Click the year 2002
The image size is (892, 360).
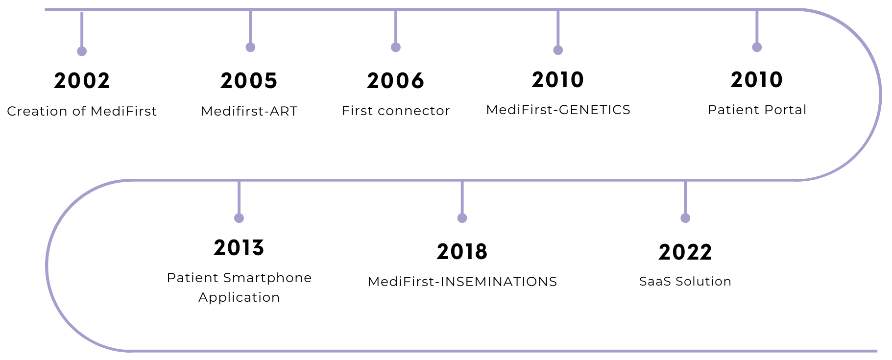pos(82,81)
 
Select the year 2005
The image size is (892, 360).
pos(249,81)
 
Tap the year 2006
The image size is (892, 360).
pos(395,81)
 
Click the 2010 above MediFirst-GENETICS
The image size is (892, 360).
pos(558,80)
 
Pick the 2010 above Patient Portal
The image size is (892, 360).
pos(757,80)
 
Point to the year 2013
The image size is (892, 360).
pos(239,248)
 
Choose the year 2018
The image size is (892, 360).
pos(462,252)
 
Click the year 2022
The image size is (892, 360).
pos(685,252)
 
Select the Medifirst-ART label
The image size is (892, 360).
pos(249,111)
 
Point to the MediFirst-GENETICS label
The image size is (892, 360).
pos(558,110)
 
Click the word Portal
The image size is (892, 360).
pos(785,110)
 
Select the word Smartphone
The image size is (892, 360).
pos(267,278)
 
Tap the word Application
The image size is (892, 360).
pos(239,298)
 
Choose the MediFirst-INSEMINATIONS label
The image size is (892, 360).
pos(462,282)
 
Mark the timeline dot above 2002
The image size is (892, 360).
pos(82,51)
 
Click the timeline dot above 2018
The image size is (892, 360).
pos(462,218)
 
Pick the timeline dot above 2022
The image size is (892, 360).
pos(685,218)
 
